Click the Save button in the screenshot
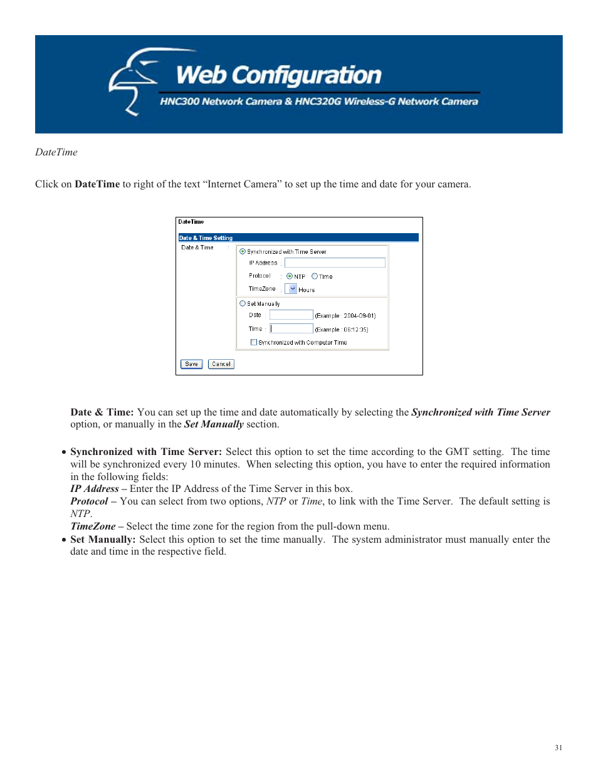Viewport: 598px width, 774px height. pos(191,364)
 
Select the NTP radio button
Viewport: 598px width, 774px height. pos(290,276)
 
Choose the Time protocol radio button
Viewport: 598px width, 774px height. pos(315,276)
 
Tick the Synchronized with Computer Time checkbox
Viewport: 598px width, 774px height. pos(254,342)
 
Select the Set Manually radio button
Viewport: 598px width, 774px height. pos(243,303)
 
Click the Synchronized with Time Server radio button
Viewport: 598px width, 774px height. pos(243,251)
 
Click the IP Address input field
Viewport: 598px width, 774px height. pos(335,263)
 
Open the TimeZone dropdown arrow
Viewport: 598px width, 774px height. pos(292,289)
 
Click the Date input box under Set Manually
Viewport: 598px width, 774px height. pos(291,315)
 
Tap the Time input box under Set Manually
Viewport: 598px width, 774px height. pos(291,328)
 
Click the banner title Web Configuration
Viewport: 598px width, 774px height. pos(278,75)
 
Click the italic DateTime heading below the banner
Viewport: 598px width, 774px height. pos(56,152)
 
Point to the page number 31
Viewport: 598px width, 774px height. pos(559,748)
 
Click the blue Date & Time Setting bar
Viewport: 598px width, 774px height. pos(298,238)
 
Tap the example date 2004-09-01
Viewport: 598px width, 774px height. pos(359,316)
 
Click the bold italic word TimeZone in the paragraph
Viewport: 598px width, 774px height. pos(93,526)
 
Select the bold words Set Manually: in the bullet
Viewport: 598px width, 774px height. pos(103,540)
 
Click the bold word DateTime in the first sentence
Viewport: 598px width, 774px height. pos(97,184)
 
